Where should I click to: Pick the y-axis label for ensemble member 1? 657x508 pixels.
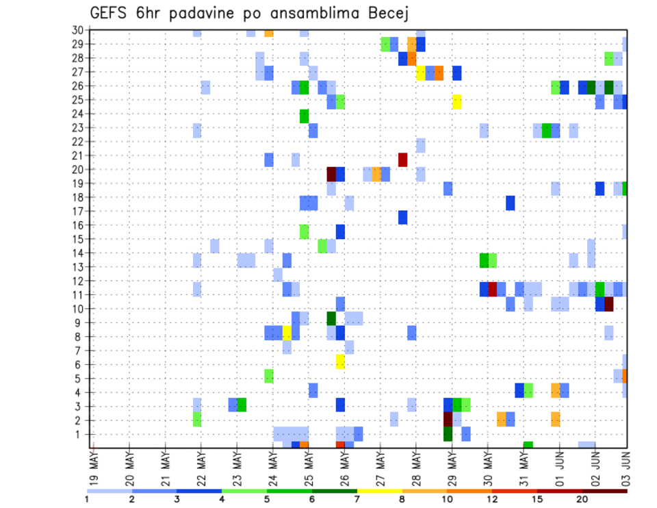[80, 434]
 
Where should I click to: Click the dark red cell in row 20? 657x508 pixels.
[331, 174]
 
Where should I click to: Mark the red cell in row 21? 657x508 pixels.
[403, 160]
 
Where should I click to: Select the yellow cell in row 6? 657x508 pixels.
[340, 361]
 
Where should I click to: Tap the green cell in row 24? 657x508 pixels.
[304, 116]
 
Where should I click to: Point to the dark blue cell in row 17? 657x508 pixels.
[403, 217]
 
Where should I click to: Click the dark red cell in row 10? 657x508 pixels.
[608, 304]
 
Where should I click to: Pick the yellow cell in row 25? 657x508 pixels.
[456, 101]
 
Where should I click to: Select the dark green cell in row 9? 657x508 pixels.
[331, 318]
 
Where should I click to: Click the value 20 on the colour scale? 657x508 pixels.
[582, 499]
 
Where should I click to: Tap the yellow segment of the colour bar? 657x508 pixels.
[379, 490]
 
